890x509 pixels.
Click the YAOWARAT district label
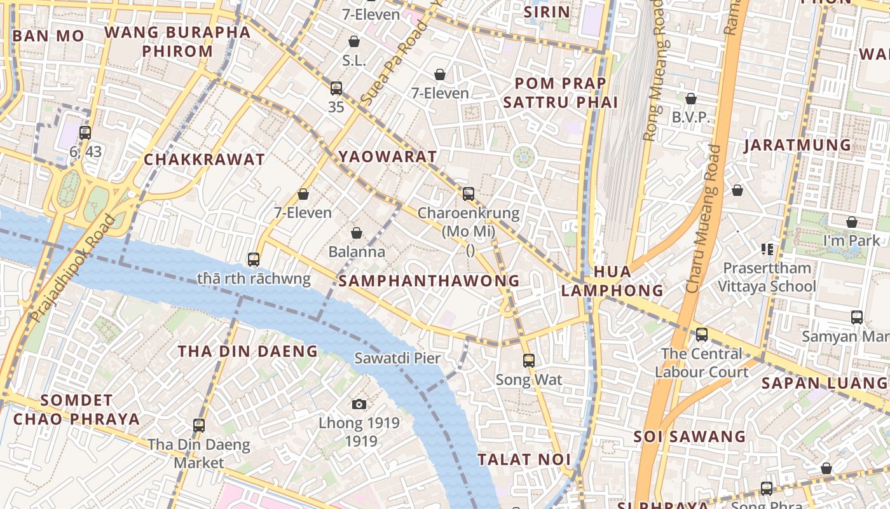(388, 157)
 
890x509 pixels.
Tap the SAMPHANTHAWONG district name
(429, 281)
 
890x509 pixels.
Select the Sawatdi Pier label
(397, 358)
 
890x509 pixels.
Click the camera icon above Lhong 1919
(359, 404)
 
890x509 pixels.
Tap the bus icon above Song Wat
(528, 361)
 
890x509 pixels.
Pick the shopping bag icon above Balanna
(357, 233)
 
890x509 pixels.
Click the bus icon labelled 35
(336, 88)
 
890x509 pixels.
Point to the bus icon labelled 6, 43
(85, 133)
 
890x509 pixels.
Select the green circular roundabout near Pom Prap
(523, 157)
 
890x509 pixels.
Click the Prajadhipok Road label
(73, 268)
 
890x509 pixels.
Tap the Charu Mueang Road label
(704, 220)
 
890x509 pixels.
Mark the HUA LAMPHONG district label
(612, 281)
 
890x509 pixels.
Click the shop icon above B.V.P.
(691, 99)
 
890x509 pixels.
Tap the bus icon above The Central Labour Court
(701, 334)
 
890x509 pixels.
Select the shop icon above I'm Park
(852, 222)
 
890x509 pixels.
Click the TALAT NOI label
(524, 459)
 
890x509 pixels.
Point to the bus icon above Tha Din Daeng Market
(199, 425)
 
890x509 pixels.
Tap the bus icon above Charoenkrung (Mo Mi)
(469, 194)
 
